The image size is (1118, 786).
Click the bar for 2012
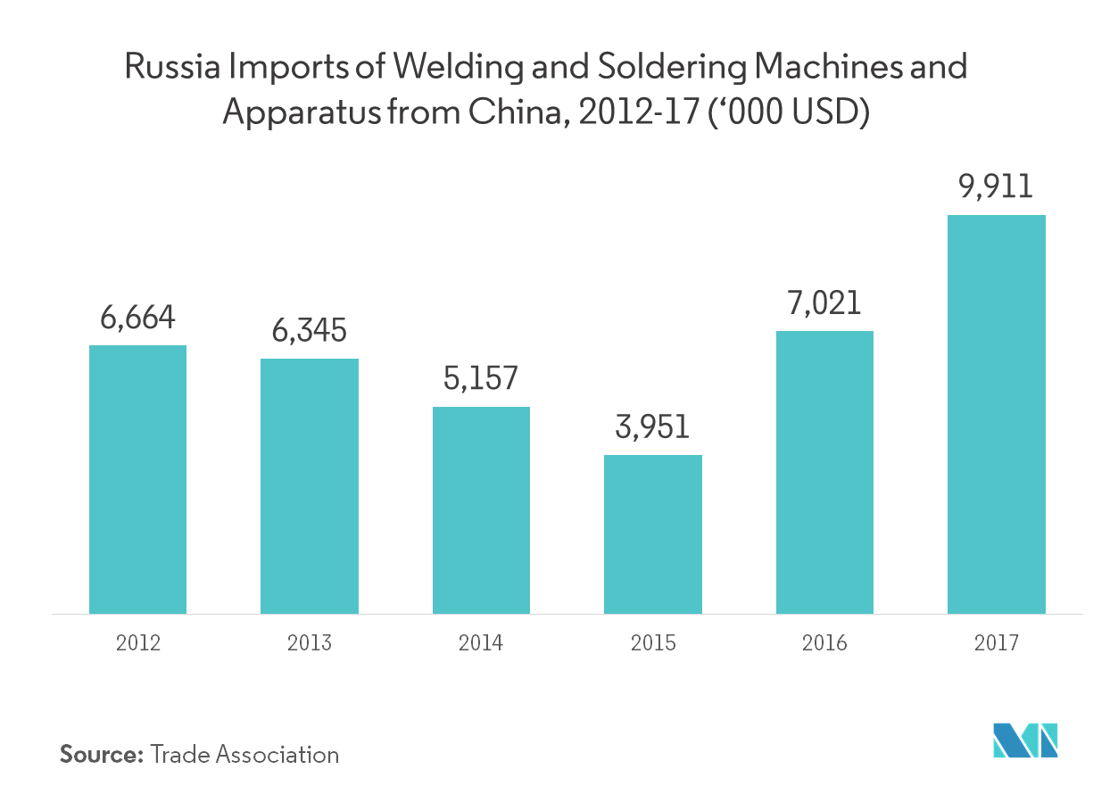[x=137, y=479]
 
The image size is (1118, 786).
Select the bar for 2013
[x=309, y=486]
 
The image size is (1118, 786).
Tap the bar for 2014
[x=481, y=510]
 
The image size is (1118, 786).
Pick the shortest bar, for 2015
[x=652, y=534]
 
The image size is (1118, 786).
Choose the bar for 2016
[x=824, y=472]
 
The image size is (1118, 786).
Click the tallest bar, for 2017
[x=996, y=414]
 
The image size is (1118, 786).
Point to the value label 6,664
[x=137, y=318]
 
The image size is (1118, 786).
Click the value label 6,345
[x=309, y=331]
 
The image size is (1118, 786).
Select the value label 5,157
[x=481, y=379]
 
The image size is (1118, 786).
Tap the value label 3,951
[x=652, y=427]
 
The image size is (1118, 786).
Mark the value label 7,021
[x=824, y=303]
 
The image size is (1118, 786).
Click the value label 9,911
[x=996, y=187]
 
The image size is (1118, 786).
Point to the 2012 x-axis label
[x=137, y=643]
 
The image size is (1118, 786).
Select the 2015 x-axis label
[x=652, y=643]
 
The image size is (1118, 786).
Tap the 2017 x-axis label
[x=996, y=643]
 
